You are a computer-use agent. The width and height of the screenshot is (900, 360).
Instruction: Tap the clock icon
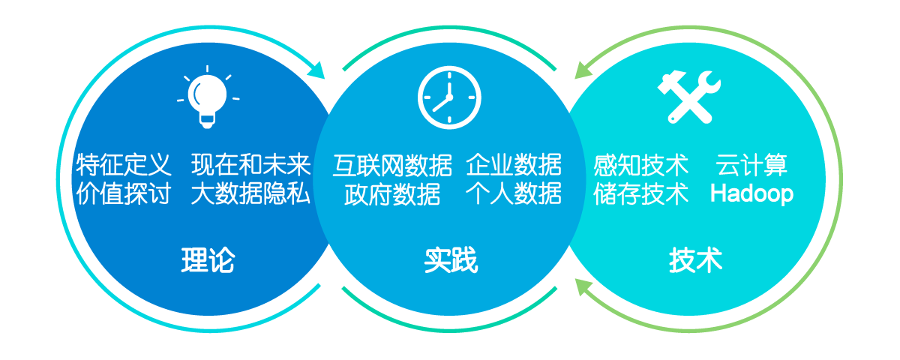[449, 97]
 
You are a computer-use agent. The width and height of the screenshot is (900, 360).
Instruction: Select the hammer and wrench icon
[689, 97]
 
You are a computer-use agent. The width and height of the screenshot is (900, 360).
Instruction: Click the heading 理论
[208, 260]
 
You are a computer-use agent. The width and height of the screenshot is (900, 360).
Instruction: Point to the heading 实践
[450, 260]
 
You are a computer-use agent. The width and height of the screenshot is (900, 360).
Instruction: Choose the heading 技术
[695, 260]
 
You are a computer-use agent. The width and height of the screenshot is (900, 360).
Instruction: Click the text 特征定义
[124, 165]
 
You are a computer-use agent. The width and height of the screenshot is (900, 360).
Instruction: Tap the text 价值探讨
[124, 193]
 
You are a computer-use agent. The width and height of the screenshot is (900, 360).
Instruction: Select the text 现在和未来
[250, 165]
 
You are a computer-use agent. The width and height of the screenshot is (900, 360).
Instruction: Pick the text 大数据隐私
[250, 193]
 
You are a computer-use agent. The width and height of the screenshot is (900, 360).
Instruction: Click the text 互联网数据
[392, 165]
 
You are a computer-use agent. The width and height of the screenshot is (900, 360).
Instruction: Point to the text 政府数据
[392, 193]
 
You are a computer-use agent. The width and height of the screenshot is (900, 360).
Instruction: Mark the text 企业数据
[514, 165]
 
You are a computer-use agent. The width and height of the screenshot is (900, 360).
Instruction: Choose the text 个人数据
[514, 193]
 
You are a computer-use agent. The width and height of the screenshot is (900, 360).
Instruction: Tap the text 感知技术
[640, 165]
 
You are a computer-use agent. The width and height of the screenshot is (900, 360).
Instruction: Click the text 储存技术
[640, 193]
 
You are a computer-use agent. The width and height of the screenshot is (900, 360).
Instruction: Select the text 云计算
[751, 165]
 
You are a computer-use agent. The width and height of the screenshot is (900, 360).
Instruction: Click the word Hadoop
[751, 193]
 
